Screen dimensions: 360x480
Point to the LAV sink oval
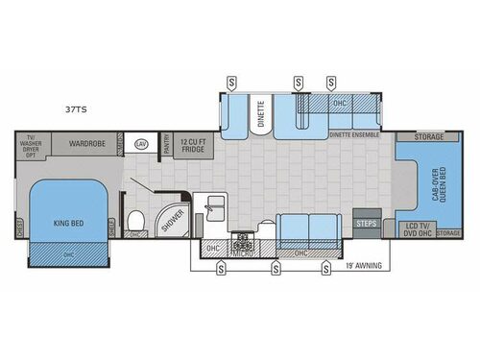[x=141, y=144]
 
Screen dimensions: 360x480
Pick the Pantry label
[x=167, y=145]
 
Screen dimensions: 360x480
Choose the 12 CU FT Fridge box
[x=195, y=145]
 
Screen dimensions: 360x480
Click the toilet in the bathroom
[x=137, y=216]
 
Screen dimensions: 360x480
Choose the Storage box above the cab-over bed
[x=429, y=137]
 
